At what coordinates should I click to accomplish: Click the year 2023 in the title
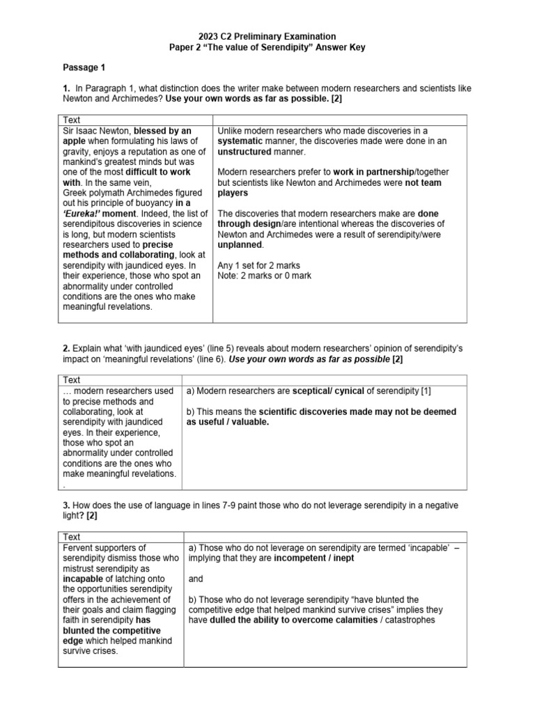pyautogui.click(x=210, y=36)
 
